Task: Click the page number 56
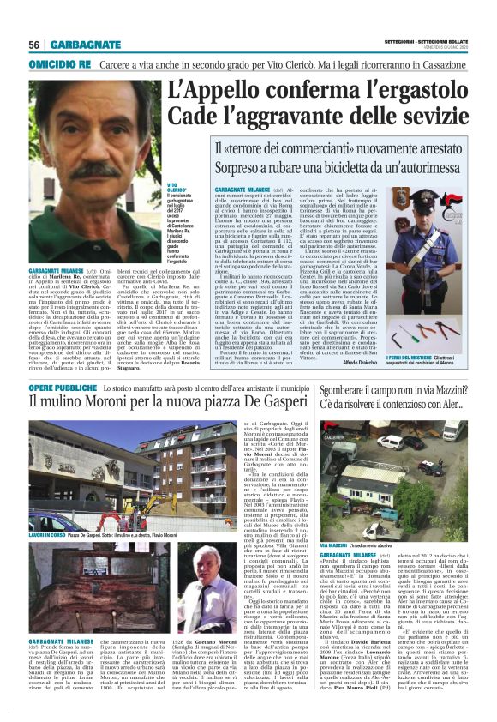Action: coord(33,45)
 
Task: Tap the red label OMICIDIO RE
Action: coord(59,63)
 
